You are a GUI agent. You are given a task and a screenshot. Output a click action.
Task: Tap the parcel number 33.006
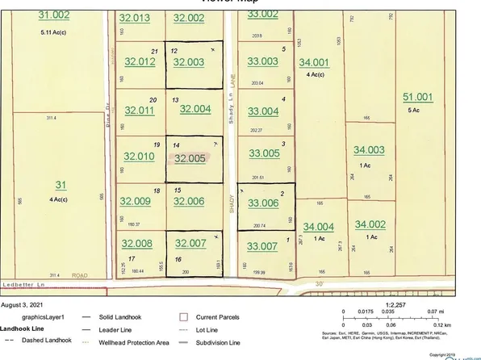point(262,205)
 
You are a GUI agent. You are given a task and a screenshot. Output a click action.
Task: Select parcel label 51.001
point(420,98)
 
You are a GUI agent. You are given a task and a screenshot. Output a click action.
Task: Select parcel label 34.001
point(314,62)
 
